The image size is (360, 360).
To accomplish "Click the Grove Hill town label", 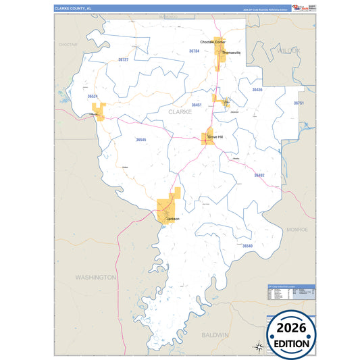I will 215,136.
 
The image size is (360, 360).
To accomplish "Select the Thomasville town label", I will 231,52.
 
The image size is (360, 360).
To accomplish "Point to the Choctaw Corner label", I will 213,42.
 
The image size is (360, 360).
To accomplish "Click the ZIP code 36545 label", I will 140,139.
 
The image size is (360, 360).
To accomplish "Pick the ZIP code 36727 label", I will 123,60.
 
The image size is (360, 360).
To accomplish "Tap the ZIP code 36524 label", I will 93,97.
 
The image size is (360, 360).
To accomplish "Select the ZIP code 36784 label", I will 194,51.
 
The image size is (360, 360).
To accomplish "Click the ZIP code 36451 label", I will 196,105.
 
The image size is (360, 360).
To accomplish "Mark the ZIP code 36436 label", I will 257,89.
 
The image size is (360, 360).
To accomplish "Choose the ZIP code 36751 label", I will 299,103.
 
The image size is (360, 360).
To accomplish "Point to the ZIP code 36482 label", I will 259,175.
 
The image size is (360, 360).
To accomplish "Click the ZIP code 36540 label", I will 247,246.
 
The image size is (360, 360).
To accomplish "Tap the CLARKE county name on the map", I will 180,112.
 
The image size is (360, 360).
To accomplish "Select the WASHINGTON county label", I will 95,277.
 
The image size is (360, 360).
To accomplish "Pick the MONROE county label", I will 297,230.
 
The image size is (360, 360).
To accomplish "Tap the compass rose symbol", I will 258,346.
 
